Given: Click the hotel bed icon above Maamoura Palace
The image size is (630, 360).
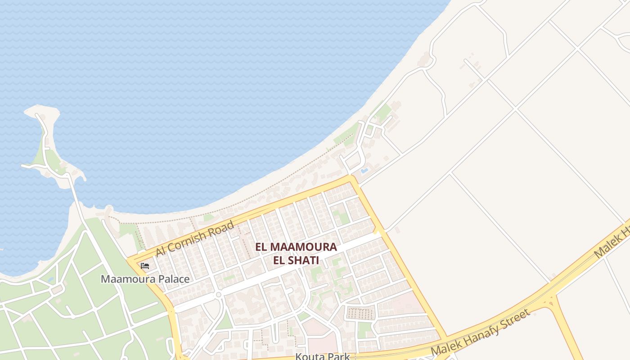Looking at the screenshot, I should click(x=145, y=266).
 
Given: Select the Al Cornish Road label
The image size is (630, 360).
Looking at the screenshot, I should click(x=195, y=238).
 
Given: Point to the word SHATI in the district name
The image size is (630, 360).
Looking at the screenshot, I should click(x=306, y=260).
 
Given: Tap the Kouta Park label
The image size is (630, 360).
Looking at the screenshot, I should click(x=322, y=356).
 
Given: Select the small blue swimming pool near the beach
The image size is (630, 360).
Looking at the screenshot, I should click(x=364, y=171).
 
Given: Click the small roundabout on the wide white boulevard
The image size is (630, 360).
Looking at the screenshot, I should click(x=218, y=295).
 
